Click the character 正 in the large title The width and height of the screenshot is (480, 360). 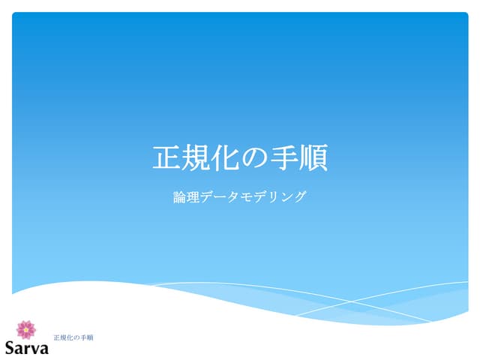[168, 158]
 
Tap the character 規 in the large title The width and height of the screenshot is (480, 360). [197, 158]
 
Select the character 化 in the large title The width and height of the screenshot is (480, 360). [226, 158]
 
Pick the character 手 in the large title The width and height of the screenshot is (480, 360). [284, 158]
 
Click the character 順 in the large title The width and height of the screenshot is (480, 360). [313, 158]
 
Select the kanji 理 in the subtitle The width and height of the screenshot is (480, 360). [194, 198]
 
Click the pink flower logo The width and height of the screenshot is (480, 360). [26, 329]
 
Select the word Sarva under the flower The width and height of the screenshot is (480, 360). [26, 348]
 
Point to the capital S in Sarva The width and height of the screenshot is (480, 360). [10, 348]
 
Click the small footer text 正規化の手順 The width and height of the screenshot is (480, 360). [73, 338]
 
